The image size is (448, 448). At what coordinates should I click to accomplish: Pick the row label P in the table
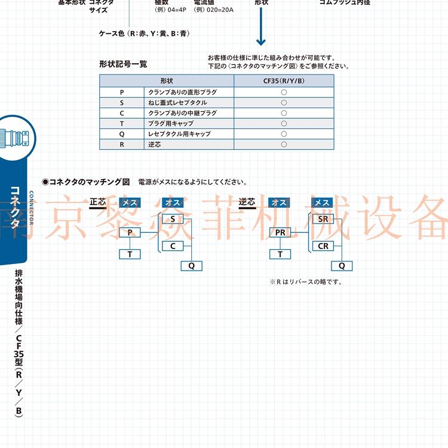(122, 92)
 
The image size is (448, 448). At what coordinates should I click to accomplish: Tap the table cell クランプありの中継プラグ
(182, 113)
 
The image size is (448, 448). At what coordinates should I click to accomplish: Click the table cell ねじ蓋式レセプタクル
(179, 103)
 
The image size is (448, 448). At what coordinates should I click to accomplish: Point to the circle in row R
(284, 145)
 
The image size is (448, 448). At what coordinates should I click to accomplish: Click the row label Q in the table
(122, 134)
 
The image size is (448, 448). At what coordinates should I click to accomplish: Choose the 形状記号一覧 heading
(123, 64)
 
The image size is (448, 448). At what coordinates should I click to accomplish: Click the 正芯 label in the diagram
(98, 202)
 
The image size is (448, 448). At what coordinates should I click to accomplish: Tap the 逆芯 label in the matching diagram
(247, 202)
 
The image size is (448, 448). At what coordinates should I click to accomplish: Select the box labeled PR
(280, 232)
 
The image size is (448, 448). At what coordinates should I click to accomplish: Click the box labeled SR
(323, 219)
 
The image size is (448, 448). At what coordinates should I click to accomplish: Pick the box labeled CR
(323, 246)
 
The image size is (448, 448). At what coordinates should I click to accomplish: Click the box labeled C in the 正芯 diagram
(173, 246)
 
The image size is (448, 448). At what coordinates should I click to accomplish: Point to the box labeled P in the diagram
(130, 232)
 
